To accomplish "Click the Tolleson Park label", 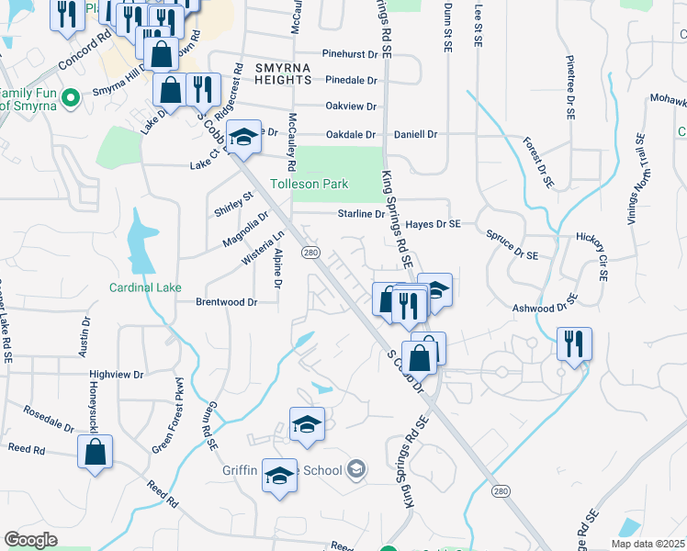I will [309, 184].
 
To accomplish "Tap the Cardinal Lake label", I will [145, 287].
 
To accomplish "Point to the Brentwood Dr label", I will [225, 301].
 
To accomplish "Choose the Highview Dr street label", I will [117, 375].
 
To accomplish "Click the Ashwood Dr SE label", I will [545, 304].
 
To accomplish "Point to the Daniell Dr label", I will [415, 134].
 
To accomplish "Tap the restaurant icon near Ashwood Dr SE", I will [574, 344].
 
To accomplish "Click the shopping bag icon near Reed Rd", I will [95, 452].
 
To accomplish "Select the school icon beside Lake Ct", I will [243, 137].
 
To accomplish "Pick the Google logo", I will [30, 539].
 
